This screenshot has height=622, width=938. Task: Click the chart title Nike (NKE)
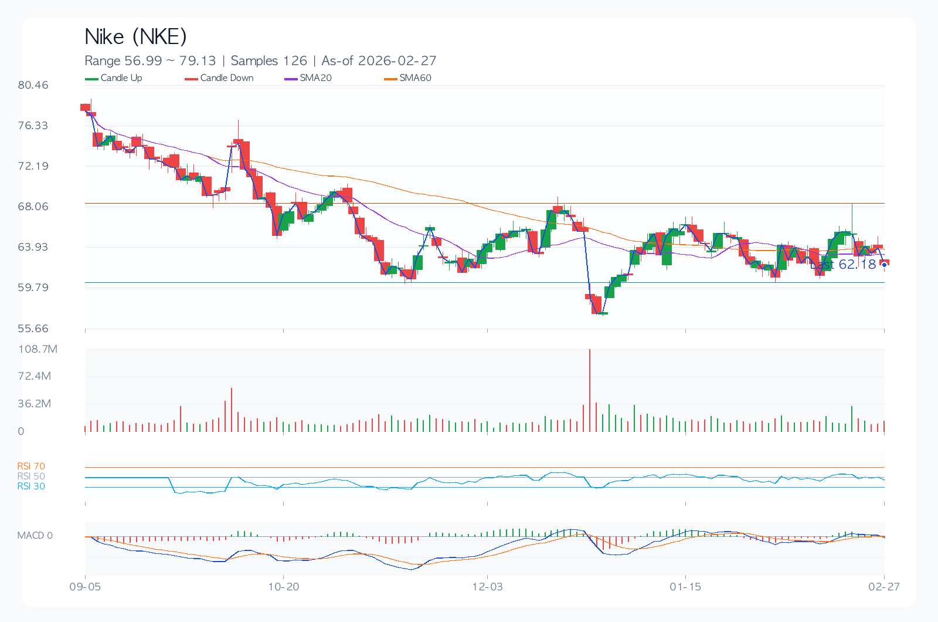[x=135, y=37]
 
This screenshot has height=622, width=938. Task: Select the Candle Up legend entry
[x=114, y=78]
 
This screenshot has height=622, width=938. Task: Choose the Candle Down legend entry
[x=219, y=78]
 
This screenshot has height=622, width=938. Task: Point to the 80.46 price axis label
[x=33, y=85]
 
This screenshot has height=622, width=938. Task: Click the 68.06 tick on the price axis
[x=33, y=207]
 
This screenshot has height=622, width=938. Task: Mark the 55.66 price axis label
[x=33, y=329]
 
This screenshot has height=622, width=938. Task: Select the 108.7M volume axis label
[x=38, y=349]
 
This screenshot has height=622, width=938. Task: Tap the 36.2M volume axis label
[x=34, y=404]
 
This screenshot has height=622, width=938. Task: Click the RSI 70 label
[x=31, y=466]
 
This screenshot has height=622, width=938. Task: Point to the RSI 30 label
[x=31, y=486]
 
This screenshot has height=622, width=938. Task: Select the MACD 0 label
[x=35, y=536]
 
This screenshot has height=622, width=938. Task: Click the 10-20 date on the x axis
[x=283, y=587]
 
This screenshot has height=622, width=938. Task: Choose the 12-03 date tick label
[x=487, y=587]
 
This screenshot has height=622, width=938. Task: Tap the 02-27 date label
[x=883, y=587]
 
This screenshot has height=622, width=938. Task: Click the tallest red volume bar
[x=589, y=390]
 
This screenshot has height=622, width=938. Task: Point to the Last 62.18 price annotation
[x=844, y=265]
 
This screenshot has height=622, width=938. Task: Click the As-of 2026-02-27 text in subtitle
[x=379, y=61]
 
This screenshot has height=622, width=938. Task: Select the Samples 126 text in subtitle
[x=269, y=61]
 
